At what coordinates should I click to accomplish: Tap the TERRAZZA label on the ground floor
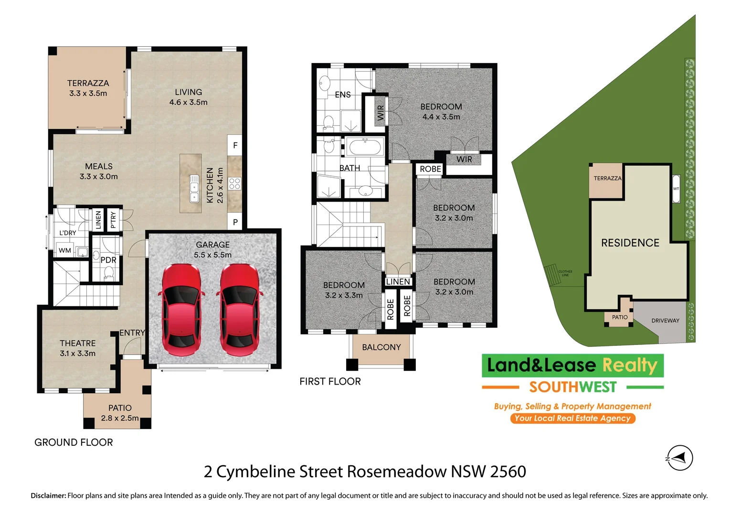pyautogui.click(x=88, y=83)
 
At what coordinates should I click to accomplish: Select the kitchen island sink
pyautogui.click(x=194, y=188)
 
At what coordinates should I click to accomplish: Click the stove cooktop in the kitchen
pyautogui.click(x=234, y=183)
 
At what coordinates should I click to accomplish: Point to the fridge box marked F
pyautogui.click(x=235, y=145)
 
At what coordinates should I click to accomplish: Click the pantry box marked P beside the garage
pyautogui.click(x=235, y=222)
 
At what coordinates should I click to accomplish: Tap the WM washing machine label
pyautogui.click(x=65, y=250)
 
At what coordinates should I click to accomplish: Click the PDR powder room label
pyautogui.click(x=108, y=260)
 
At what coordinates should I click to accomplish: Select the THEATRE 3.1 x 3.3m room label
pyautogui.click(x=78, y=348)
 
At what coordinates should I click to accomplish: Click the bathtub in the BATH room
pyautogui.click(x=365, y=147)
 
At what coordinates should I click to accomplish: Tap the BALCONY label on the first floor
pyautogui.click(x=381, y=347)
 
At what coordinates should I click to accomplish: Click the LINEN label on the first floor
pyautogui.click(x=398, y=282)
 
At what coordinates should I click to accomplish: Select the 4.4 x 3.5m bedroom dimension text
pyautogui.click(x=441, y=117)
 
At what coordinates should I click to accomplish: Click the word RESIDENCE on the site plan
pyautogui.click(x=630, y=243)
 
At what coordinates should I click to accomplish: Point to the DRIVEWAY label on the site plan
pyautogui.click(x=665, y=321)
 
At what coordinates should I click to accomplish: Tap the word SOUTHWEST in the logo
pyautogui.click(x=572, y=387)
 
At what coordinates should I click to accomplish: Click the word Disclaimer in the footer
pyautogui.click(x=48, y=495)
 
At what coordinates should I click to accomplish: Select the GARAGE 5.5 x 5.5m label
pyautogui.click(x=212, y=249)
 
